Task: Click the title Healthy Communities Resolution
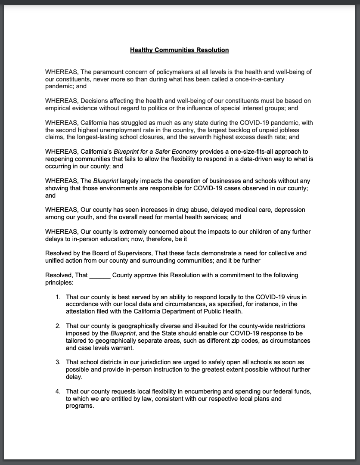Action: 179,50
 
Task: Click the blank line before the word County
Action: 100,275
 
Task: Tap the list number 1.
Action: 58,297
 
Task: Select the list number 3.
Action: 58,363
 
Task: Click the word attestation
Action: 82,311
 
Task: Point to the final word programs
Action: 80,406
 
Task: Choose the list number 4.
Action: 58,391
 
